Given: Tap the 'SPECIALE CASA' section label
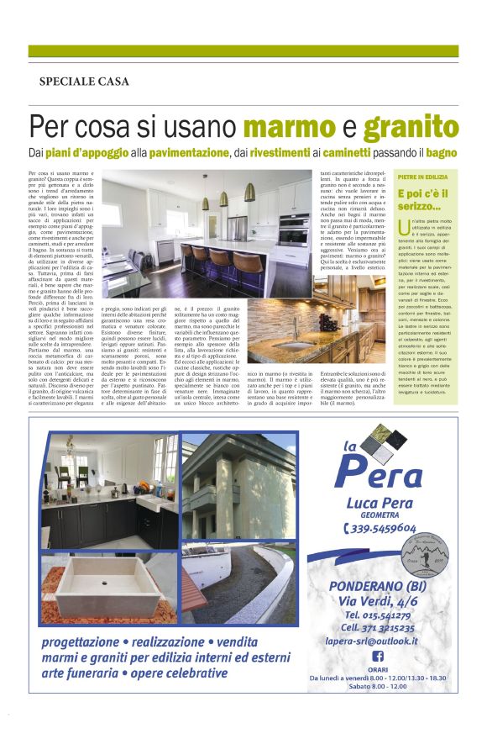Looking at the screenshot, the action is pyautogui.click(x=84, y=82).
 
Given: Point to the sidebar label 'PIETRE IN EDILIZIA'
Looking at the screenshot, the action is pyautogui.click(x=422, y=178).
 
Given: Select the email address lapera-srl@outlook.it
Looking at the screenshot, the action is pyautogui.click(x=377, y=640).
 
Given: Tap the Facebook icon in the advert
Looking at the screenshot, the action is pyautogui.click(x=377, y=657).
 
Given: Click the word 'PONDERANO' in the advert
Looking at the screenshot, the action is pyautogui.click(x=369, y=583).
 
